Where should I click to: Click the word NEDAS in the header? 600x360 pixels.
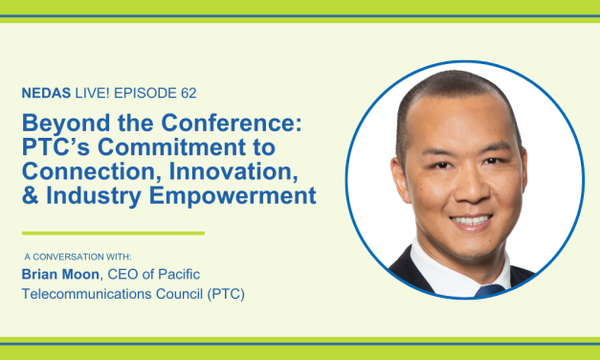click(x=45, y=96)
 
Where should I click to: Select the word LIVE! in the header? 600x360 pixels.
click(x=91, y=96)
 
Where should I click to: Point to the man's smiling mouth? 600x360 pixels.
click(x=472, y=220)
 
